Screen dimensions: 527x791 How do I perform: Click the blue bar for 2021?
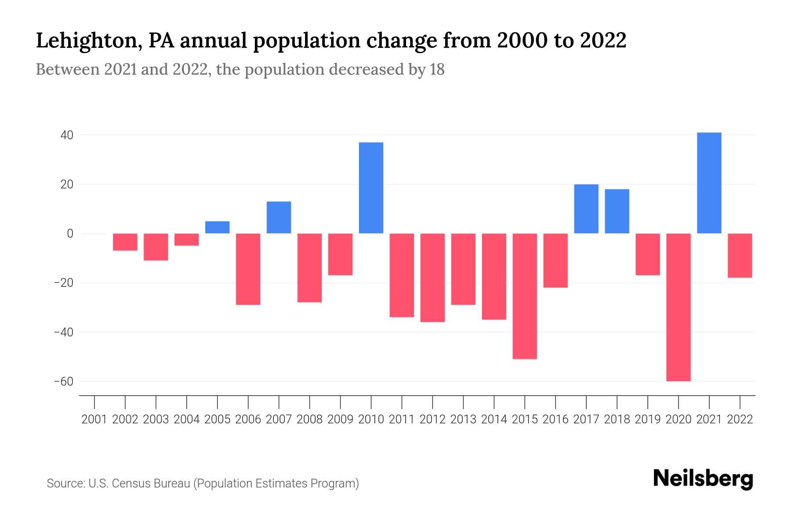click(x=709, y=183)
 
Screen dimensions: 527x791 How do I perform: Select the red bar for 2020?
click(x=678, y=307)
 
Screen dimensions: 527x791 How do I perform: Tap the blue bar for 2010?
click(x=371, y=188)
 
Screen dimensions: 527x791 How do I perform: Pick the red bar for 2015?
click(x=524, y=296)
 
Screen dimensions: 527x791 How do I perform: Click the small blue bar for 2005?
click(x=217, y=227)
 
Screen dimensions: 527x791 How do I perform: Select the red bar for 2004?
click(x=186, y=239)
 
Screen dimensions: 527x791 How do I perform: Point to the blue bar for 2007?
click(x=279, y=217)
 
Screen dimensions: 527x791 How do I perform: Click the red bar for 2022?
click(x=740, y=255)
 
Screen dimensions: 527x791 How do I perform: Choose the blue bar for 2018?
click(x=617, y=211)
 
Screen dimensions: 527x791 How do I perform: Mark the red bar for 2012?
click(x=432, y=278)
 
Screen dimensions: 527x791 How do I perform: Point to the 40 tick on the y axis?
click(x=67, y=135)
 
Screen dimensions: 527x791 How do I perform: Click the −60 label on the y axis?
click(x=63, y=381)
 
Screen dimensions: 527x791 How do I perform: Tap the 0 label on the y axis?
click(x=70, y=234)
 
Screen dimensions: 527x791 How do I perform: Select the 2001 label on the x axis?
click(x=94, y=419)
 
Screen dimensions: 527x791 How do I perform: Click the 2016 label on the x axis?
click(x=555, y=419)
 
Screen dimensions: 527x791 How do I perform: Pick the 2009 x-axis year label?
click(x=340, y=419)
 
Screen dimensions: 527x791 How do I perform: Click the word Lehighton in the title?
click(x=88, y=41)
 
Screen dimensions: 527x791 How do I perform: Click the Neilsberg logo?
click(x=703, y=479)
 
